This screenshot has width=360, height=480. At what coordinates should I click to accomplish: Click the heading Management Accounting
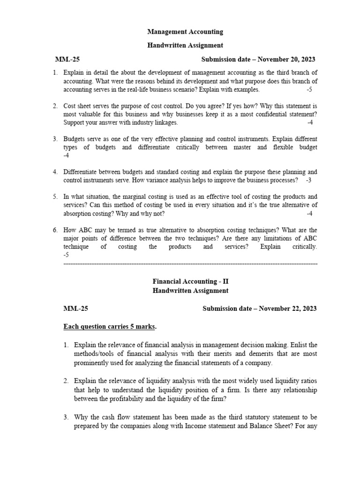pyautogui.click(x=185, y=32)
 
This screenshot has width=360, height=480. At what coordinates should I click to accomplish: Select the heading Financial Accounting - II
pyautogui.click(x=190, y=282)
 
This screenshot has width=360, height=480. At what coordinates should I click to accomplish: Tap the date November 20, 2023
pyautogui.click(x=286, y=60)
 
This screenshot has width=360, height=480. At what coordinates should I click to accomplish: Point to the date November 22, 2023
pyautogui.click(x=288, y=308)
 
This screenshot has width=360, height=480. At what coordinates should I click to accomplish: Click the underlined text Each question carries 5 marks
pyautogui.click(x=110, y=326)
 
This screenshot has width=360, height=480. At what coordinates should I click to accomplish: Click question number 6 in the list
pyautogui.click(x=55, y=230)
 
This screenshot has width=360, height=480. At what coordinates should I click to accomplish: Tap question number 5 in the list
pyautogui.click(x=55, y=197)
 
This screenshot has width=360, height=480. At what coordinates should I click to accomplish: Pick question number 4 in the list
pyautogui.click(x=55, y=172)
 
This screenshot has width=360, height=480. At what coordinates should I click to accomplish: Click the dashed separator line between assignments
pyautogui.click(x=190, y=264)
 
